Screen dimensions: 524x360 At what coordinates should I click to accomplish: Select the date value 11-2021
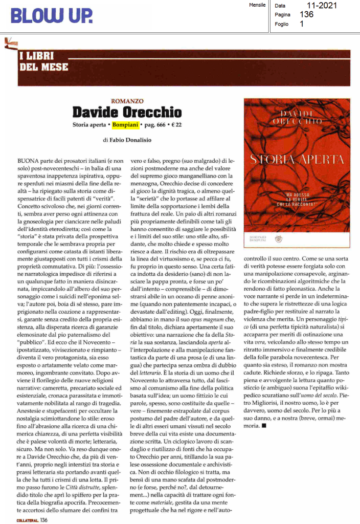tap(319, 6)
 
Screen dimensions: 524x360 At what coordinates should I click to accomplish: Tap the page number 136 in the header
tap(307, 15)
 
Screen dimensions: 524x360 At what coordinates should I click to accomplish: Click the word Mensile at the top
tap(256, 5)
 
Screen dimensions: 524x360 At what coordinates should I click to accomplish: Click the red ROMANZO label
tap(127, 102)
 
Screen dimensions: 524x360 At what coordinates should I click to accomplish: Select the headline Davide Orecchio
tap(127, 112)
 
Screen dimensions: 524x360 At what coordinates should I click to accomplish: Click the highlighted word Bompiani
tap(125, 124)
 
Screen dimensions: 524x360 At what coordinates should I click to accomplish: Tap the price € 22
tap(175, 124)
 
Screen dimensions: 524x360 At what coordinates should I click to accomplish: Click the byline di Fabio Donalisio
tap(126, 139)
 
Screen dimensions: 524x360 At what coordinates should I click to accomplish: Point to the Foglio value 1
tap(302, 24)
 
